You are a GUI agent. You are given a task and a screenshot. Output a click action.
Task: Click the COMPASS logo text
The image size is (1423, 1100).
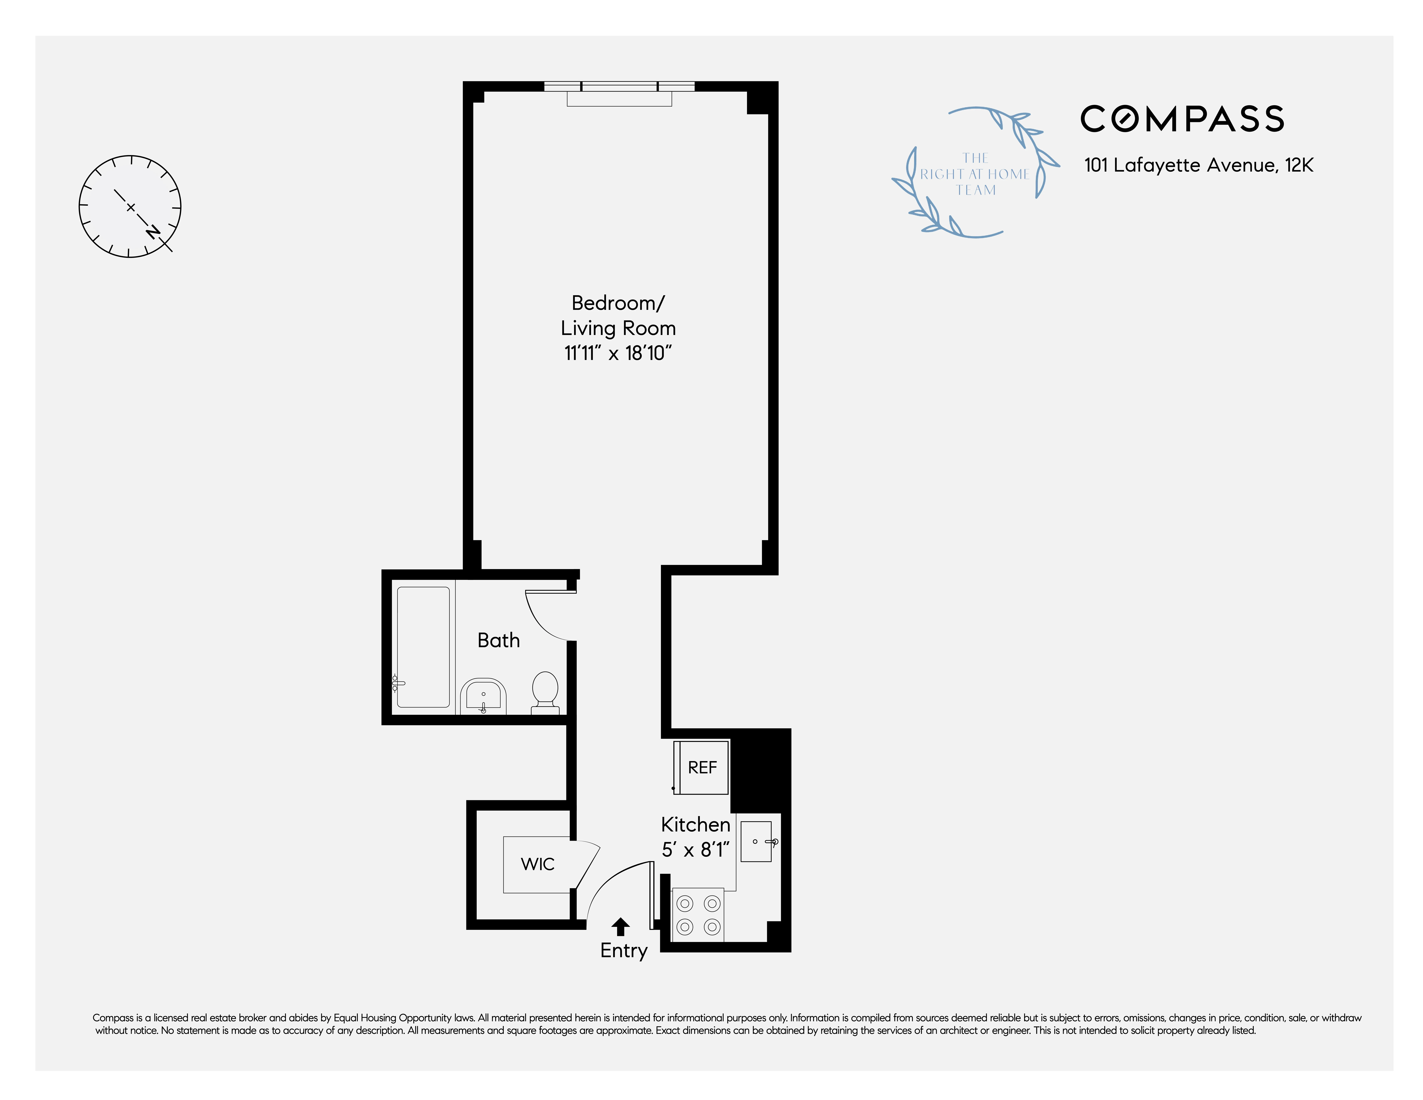click(1182, 119)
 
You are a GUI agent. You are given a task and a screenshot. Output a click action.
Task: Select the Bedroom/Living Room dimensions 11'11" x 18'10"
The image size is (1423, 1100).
click(618, 353)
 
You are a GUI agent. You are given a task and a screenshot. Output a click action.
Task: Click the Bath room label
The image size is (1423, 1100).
click(498, 641)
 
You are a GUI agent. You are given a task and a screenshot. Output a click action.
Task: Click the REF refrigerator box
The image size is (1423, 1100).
click(702, 768)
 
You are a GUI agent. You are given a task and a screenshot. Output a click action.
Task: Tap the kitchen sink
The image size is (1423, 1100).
click(756, 841)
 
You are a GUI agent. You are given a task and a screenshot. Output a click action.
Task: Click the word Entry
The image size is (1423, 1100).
click(624, 951)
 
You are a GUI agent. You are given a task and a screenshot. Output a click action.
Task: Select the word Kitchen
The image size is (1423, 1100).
click(695, 825)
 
